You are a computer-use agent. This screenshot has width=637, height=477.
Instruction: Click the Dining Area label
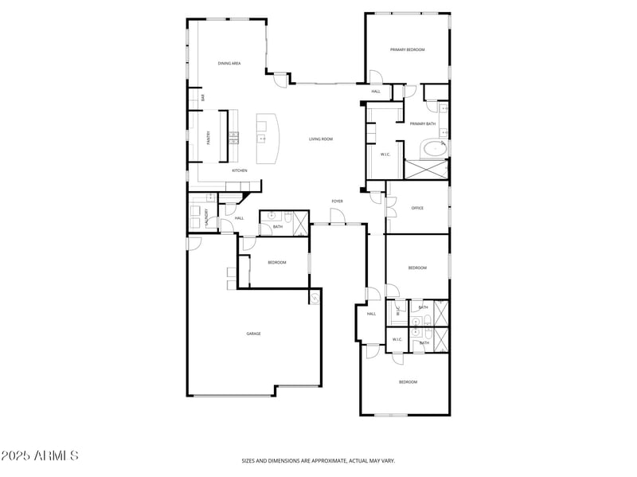229,63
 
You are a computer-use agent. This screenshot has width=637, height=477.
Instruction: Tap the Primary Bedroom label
407,49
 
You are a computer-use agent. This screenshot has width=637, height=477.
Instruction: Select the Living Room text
321,139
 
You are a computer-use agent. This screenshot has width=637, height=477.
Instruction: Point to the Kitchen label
239,170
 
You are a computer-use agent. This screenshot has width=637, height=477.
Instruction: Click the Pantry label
209,137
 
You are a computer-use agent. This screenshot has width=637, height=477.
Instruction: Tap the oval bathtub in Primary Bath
434,148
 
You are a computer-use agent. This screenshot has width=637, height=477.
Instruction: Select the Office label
417,208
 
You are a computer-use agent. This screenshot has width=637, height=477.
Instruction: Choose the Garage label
253,334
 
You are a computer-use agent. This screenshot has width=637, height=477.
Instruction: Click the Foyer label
338,201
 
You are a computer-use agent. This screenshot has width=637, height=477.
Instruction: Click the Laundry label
207,217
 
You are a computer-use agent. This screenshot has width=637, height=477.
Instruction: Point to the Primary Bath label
422,123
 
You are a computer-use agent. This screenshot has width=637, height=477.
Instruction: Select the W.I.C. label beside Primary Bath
385,154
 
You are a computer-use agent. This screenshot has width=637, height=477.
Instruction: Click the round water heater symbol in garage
315,298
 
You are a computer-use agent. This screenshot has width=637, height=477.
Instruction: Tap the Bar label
203,97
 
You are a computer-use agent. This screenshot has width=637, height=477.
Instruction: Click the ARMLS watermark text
40,456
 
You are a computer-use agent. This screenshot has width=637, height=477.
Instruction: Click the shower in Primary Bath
426,169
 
